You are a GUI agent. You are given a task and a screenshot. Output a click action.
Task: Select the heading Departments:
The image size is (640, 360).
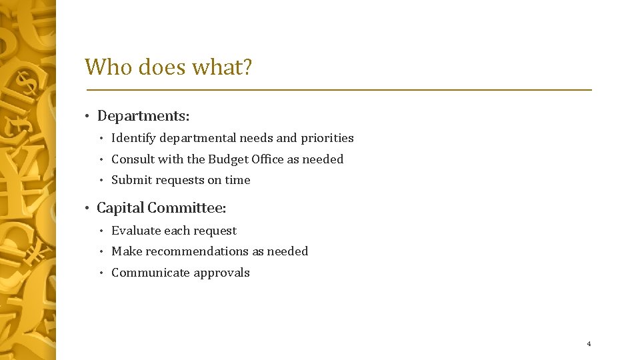coord(143,116)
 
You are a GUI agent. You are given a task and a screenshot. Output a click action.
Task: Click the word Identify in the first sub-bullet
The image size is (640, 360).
coord(131,138)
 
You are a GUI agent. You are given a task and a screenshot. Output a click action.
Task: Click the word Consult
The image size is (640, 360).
coord(132,159)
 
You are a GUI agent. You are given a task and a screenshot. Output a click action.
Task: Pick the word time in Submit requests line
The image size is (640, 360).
coord(238,180)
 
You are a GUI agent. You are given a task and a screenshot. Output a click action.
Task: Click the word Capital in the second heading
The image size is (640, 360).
coord(120,208)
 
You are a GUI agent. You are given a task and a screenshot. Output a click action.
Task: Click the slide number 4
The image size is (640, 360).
coord(589,344)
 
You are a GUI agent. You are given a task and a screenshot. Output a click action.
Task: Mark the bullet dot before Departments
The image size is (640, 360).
coord(87,117)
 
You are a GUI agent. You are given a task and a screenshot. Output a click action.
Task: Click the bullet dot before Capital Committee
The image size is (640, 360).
coord(87,209)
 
